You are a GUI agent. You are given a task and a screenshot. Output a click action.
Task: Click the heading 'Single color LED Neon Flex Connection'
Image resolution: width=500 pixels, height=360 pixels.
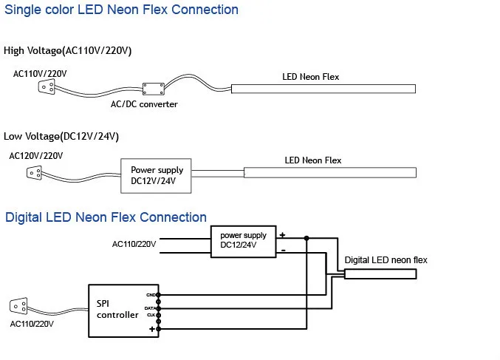121,10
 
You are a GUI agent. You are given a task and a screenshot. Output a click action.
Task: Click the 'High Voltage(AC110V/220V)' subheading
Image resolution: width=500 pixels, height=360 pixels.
68,50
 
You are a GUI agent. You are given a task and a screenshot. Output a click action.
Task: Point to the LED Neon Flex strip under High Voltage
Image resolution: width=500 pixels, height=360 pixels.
323,89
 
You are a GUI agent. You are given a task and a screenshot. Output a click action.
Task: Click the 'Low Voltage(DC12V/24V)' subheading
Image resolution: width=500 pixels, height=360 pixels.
61,137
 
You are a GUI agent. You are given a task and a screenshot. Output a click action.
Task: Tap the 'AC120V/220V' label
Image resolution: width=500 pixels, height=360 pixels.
35,156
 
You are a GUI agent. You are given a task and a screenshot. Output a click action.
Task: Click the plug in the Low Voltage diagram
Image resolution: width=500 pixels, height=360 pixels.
34,174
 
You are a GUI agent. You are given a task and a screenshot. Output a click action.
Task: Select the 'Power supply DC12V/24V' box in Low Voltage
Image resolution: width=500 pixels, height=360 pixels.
156,175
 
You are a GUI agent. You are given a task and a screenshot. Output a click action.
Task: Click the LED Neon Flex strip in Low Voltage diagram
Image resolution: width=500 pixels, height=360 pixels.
329,172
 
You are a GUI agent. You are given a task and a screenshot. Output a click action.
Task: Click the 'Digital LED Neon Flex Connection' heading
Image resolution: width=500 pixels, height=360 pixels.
106,217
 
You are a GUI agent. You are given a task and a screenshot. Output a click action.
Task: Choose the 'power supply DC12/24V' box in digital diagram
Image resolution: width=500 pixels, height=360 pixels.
243,241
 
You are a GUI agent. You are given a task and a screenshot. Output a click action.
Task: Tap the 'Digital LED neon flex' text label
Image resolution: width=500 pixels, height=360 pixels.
386,260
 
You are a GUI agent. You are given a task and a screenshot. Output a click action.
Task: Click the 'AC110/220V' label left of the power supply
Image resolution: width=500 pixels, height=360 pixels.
134,244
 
